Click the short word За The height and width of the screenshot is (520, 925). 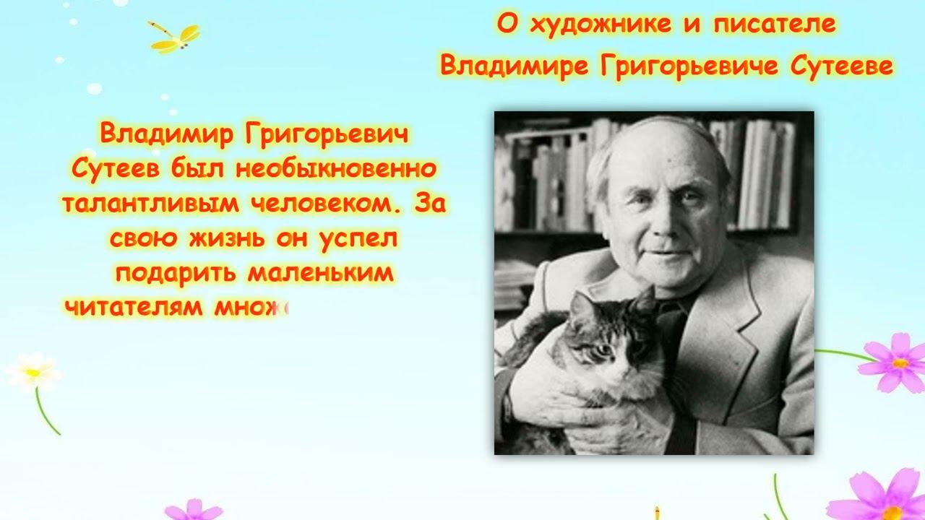tap(431, 204)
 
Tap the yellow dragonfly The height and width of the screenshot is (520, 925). tap(175, 38)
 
